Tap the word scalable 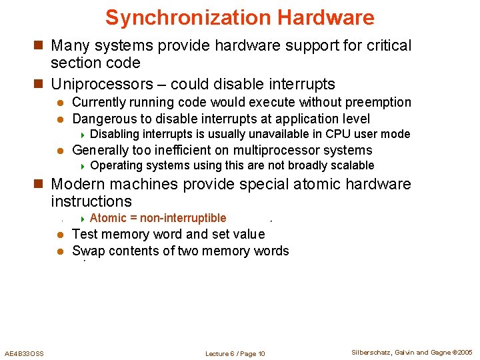tap(353, 165)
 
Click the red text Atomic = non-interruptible tap(158, 218)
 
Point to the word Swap tap(86, 251)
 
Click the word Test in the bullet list tap(84, 234)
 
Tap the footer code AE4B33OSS tap(24, 353)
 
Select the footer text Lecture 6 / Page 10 tap(235, 353)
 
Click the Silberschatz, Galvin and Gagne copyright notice tap(411, 353)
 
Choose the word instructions tap(91, 201)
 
